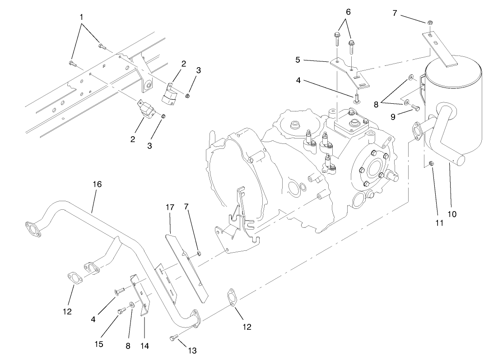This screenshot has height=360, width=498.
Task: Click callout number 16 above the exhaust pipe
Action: pos(97,184)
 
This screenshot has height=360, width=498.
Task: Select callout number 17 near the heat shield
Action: pos(169,208)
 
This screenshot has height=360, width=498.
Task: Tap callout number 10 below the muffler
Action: pos(452,214)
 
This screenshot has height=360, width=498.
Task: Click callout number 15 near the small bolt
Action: pos(99,344)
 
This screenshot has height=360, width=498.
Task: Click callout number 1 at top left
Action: pos(81,17)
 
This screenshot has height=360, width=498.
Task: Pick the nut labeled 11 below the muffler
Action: pos(432,163)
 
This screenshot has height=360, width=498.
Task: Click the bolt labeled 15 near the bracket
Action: pos(121,310)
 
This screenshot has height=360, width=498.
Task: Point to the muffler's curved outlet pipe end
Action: pos(465,158)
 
